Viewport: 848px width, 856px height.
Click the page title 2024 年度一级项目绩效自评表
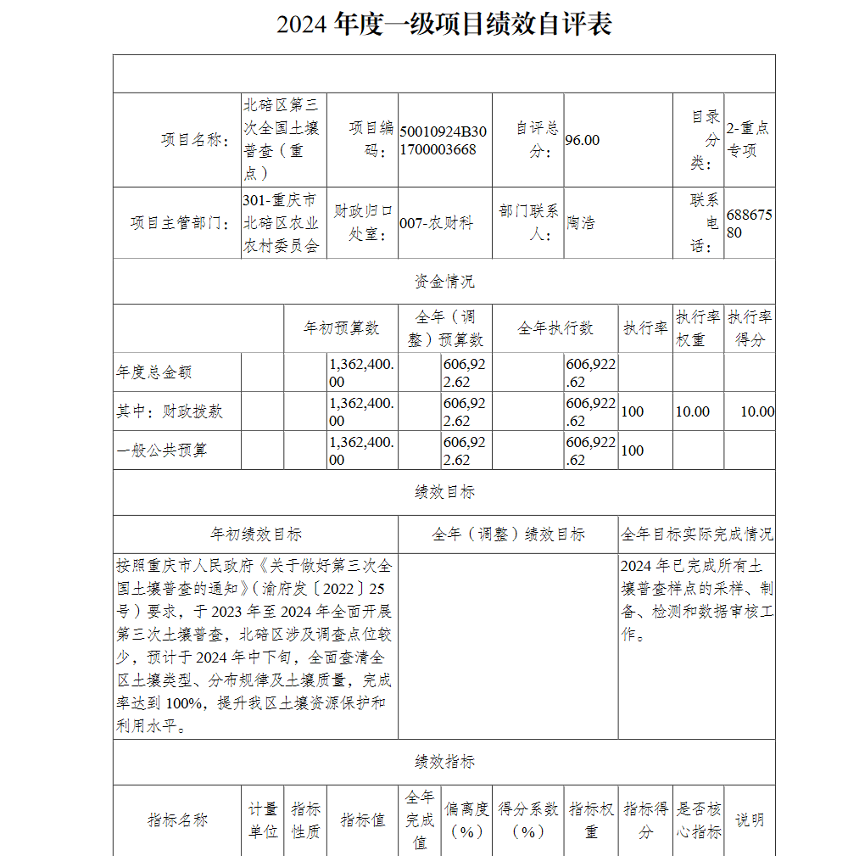point(444,25)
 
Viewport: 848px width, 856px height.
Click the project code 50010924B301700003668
point(444,141)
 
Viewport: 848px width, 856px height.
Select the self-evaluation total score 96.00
point(583,141)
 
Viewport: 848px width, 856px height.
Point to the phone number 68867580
point(750,224)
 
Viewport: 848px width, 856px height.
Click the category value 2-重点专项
point(748,140)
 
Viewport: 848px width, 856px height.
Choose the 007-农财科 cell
point(436,224)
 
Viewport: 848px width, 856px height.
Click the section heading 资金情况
point(444,282)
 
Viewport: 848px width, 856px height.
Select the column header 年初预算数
point(342,328)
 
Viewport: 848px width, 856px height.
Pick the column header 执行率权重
point(698,328)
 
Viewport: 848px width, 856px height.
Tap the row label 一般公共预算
point(161,450)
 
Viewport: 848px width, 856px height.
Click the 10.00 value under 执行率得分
point(756,411)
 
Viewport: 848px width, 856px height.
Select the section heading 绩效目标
point(444,492)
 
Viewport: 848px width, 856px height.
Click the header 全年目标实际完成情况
point(696,534)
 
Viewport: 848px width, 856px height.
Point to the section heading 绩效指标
point(444,762)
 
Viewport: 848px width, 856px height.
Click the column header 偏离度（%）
point(466,820)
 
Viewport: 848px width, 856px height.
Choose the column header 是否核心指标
point(699,820)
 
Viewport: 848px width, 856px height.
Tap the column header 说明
point(750,820)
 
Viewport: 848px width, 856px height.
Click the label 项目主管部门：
point(181,224)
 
